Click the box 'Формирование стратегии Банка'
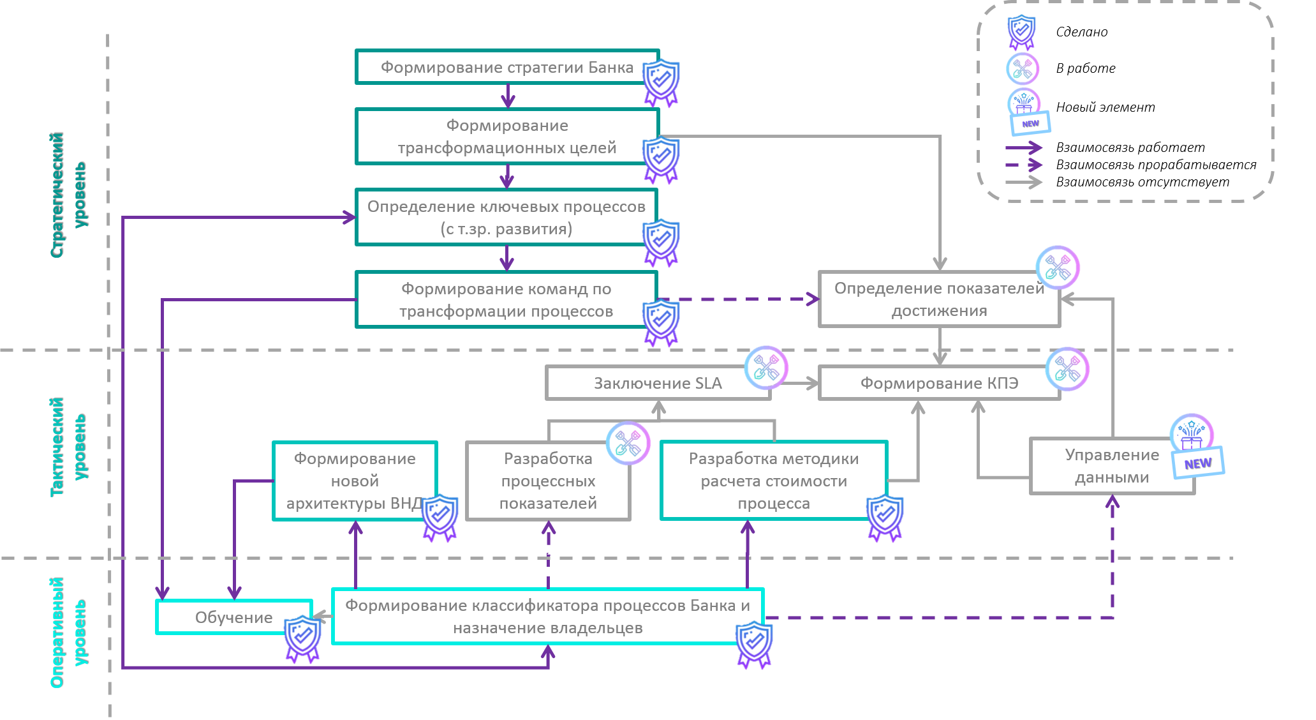pos(506,67)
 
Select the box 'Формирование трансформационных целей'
pos(506,137)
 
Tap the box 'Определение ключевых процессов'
pos(506,217)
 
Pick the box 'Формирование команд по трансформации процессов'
pos(506,300)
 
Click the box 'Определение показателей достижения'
pos(939,299)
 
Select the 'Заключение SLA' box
pos(658,383)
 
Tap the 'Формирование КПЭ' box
pos(939,383)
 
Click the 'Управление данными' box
pos(1112,466)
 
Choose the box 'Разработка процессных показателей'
pos(548,481)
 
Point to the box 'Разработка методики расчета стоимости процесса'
pos(774,481)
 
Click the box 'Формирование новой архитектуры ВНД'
pos(355,481)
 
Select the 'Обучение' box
pos(233,617)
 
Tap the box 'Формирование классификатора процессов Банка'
pos(547,616)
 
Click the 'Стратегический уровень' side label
pos(67,195)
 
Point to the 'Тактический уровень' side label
pos(67,447)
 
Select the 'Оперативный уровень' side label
pos(67,633)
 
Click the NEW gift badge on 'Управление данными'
pos(1195,447)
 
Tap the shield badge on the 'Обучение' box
pos(302,639)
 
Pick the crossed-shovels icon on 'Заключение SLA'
pos(766,367)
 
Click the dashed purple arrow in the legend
pos(1023,165)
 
